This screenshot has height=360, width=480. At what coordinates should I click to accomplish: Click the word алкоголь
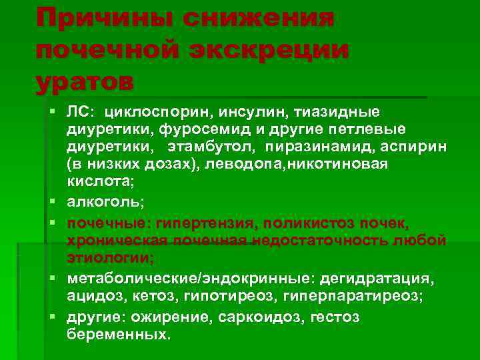(107, 198)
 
